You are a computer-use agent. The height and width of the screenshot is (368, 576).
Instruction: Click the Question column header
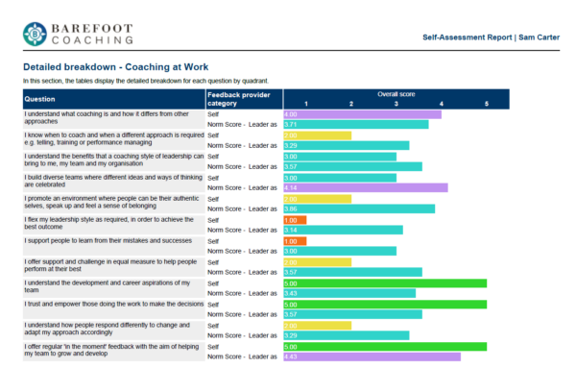(40, 99)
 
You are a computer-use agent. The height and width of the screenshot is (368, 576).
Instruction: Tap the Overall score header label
(395, 94)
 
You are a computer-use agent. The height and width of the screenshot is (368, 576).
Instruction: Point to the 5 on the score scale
(486, 104)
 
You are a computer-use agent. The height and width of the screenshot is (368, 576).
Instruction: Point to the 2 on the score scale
(351, 104)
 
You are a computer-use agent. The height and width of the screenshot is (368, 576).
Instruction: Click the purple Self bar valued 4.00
(362, 114)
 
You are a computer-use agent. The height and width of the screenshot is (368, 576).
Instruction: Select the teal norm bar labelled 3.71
(355, 125)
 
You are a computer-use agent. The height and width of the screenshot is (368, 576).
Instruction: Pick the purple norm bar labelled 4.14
(365, 187)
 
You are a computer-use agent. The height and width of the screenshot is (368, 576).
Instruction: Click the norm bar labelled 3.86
(359, 209)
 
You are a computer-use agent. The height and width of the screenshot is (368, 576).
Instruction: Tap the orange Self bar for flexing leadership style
(295, 219)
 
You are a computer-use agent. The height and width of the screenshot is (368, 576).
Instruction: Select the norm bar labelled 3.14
(343, 230)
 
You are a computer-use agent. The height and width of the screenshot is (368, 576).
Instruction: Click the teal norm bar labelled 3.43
(349, 293)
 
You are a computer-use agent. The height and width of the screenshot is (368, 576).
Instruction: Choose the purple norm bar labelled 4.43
(372, 356)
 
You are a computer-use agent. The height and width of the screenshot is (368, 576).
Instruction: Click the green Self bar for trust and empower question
(385, 304)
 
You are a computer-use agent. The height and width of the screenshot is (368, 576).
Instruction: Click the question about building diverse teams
(113, 182)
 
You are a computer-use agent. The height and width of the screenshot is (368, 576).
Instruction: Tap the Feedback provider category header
(244, 99)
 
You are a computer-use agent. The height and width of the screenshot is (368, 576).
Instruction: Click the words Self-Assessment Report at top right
(467, 37)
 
